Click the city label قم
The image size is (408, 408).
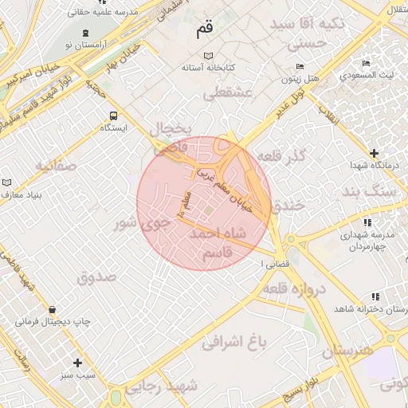coord(205,29)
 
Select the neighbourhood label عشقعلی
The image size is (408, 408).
coord(227,94)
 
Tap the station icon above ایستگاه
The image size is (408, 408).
coord(113,115)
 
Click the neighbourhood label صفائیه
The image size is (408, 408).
coord(55,166)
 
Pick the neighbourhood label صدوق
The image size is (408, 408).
coord(96,277)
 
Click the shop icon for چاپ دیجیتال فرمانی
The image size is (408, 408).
coord(53,309)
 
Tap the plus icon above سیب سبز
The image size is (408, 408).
coord(77,362)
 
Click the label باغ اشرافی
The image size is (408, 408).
coord(232,343)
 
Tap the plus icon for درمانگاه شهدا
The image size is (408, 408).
coord(374,152)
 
